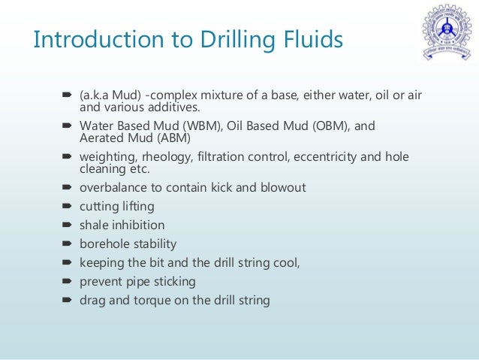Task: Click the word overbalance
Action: point(112,186)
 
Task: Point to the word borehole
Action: point(104,244)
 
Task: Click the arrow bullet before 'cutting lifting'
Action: point(66,206)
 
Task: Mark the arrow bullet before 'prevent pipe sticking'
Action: point(66,282)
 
